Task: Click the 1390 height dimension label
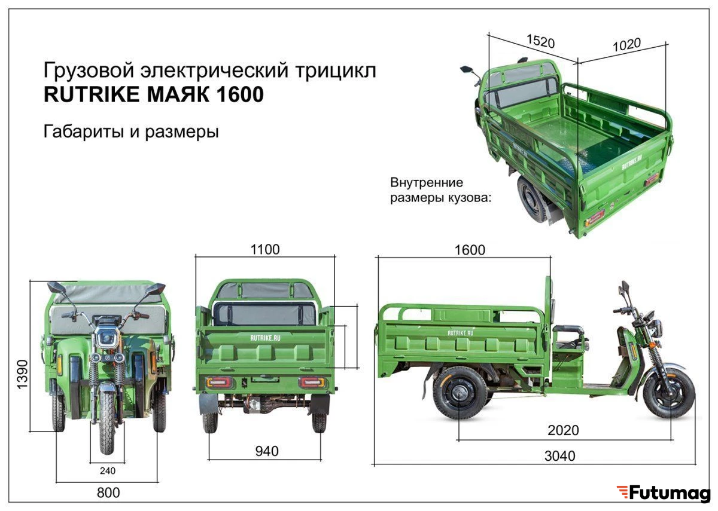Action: (23, 374)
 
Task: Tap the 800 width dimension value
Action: (108, 492)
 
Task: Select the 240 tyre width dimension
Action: (107, 471)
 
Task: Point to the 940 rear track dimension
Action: (267, 451)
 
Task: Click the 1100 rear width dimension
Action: (264, 249)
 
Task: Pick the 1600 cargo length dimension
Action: (470, 250)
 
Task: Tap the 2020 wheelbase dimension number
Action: (563, 430)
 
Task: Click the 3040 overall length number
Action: (559, 456)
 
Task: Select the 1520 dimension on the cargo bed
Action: (540, 41)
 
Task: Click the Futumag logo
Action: (664, 492)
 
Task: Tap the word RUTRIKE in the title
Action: (92, 94)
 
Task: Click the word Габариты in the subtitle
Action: (83, 131)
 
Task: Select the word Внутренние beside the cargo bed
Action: (427, 182)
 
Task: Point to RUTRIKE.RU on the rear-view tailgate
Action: (265, 338)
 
